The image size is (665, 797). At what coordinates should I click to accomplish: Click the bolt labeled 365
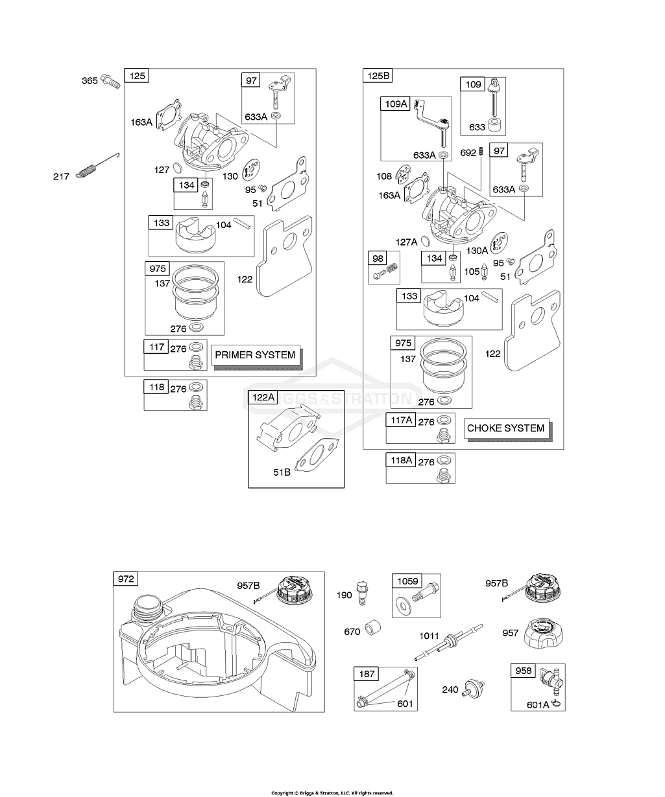click(112, 82)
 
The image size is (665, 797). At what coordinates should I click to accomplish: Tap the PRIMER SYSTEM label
click(255, 354)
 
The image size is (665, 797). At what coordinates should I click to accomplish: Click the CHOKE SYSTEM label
click(506, 428)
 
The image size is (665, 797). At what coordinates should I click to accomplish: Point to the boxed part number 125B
click(377, 76)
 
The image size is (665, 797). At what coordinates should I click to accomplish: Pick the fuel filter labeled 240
click(474, 689)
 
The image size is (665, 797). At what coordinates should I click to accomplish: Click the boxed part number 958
click(522, 671)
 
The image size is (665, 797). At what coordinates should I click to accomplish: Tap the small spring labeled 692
click(481, 152)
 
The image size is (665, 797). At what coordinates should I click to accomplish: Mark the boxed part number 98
click(377, 259)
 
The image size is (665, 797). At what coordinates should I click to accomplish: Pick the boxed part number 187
click(367, 674)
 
